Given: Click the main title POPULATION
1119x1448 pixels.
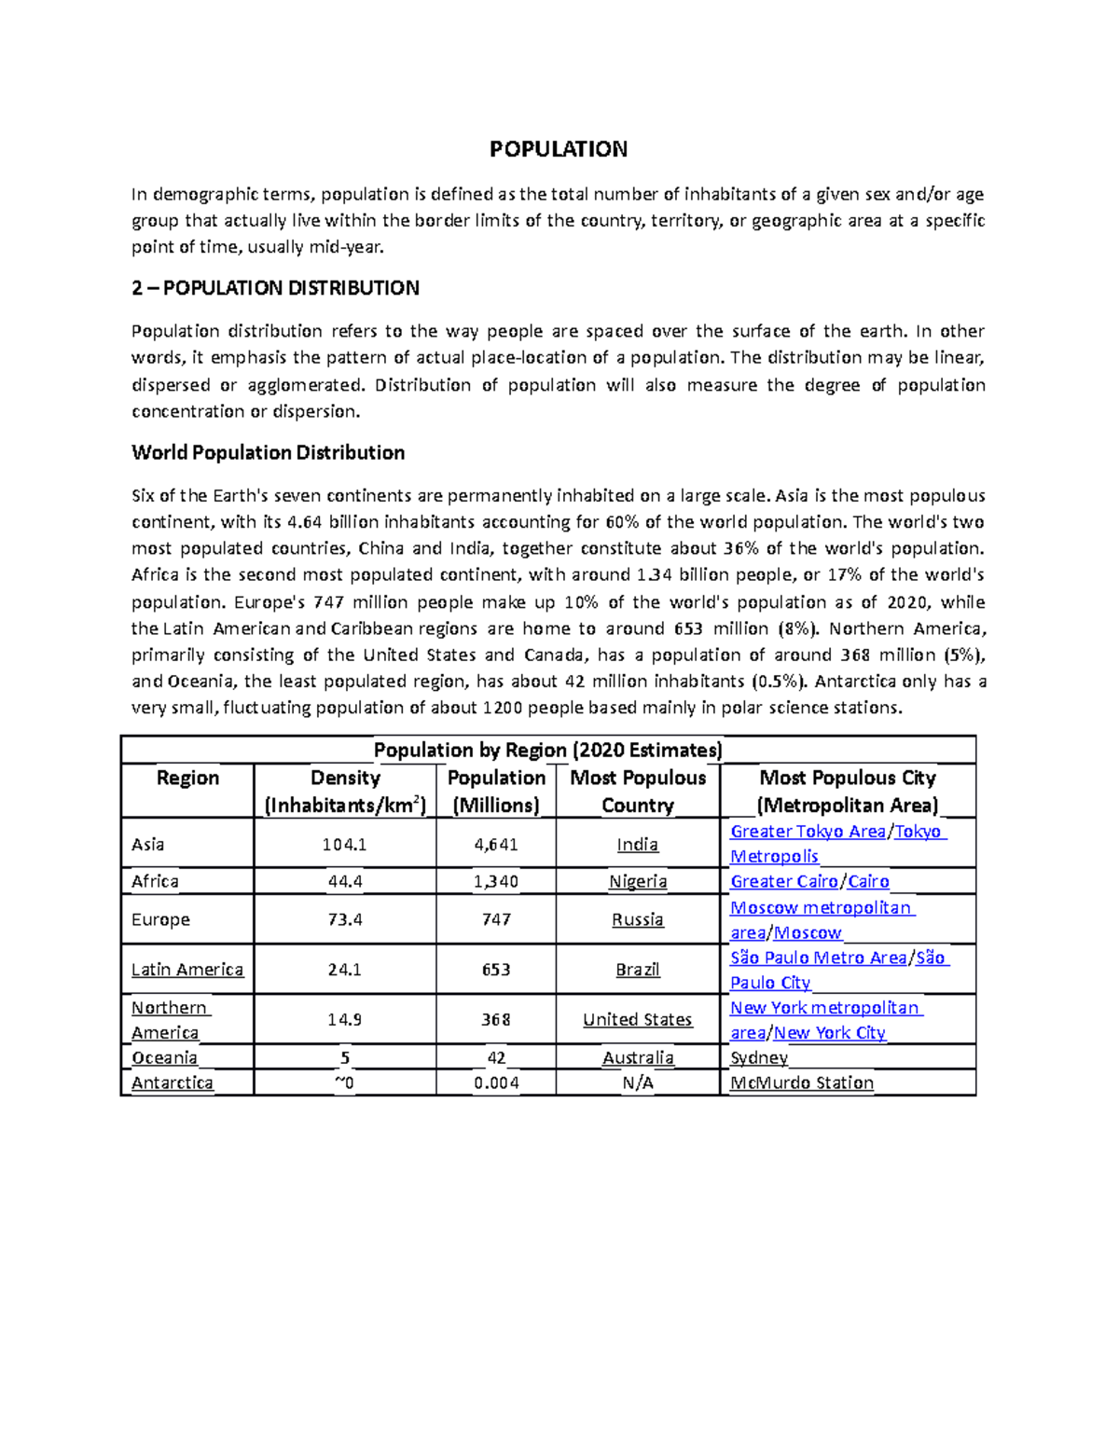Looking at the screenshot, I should tap(559, 149).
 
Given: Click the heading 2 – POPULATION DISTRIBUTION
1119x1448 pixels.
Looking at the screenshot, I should tap(275, 288).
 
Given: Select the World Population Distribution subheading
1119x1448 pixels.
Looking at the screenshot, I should tap(268, 453).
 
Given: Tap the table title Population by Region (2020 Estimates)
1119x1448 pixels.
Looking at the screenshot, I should tap(547, 751).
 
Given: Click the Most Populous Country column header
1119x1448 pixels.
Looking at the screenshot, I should tap(638, 791).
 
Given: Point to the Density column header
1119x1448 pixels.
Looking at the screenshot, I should tap(345, 791).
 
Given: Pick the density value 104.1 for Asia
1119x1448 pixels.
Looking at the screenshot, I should tap(345, 845).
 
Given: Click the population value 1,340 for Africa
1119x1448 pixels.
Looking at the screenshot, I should tap(496, 882).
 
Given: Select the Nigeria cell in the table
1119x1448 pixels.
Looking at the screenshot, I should tap(638, 882).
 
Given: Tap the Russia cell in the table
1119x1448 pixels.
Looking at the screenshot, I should tap(638, 920).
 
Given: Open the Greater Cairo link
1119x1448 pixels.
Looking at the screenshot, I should tap(783, 882).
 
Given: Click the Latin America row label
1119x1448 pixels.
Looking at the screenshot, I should tap(187, 970).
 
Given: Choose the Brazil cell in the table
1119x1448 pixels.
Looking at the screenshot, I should tap(638, 970).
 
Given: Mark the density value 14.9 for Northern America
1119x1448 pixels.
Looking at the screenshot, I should tap(345, 1020).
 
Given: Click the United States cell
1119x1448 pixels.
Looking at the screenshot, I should tap(638, 1020).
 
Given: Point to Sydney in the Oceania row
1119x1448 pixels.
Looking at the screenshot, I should tap(759, 1058).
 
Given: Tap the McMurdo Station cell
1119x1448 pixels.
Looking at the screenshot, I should tap(802, 1083).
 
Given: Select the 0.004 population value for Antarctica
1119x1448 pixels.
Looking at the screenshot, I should tap(496, 1083).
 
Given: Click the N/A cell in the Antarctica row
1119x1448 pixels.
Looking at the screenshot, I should tap(638, 1083).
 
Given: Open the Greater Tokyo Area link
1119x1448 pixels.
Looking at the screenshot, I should tap(808, 832).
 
